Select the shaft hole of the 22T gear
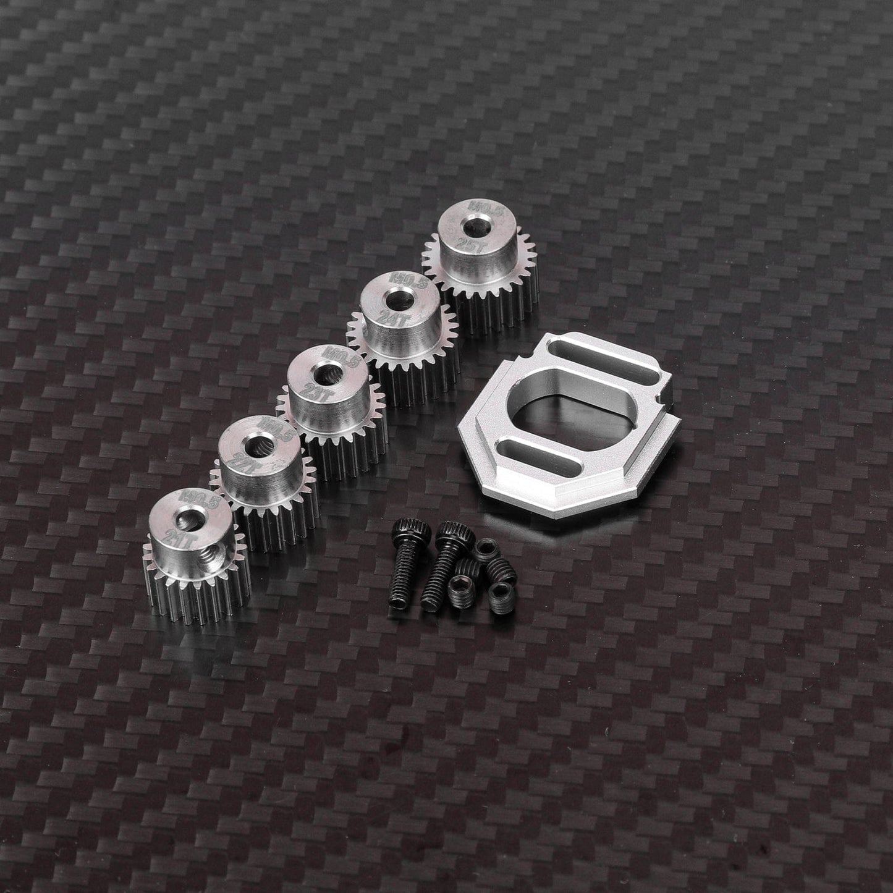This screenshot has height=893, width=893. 254,444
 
